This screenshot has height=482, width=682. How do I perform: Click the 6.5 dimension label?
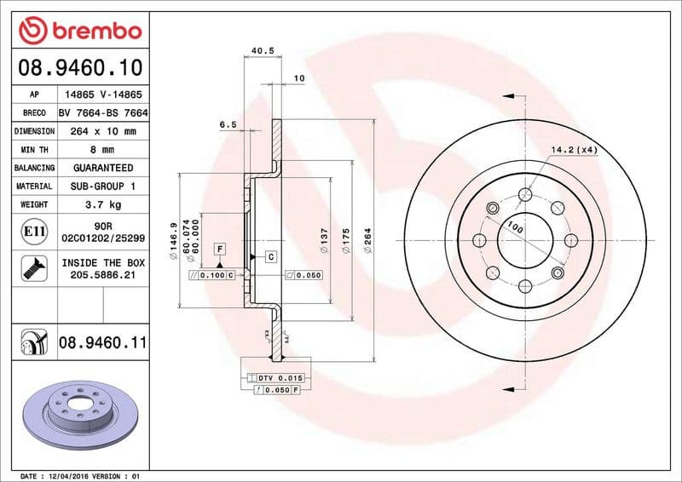(x=228, y=124)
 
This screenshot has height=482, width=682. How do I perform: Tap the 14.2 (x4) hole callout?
(x=574, y=150)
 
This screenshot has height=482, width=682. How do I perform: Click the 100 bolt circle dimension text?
(x=514, y=227)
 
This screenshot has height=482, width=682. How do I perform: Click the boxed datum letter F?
(x=219, y=249)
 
